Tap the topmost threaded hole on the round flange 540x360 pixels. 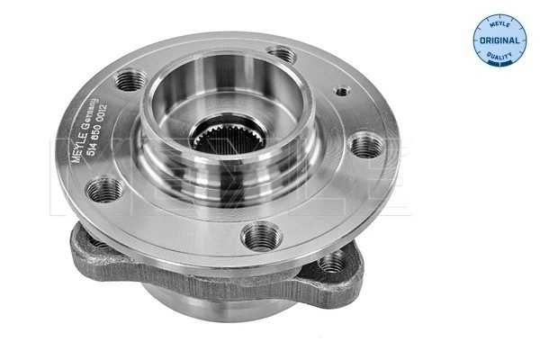click(x=283, y=56)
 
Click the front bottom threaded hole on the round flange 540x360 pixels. click(x=261, y=237)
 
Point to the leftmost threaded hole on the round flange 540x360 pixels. click(x=105, y=189)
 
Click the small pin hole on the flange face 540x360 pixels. click(x=340, y=91)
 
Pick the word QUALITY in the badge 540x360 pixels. click(x=498, y=56)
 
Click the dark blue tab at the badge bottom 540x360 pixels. click(x=498, y=62)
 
